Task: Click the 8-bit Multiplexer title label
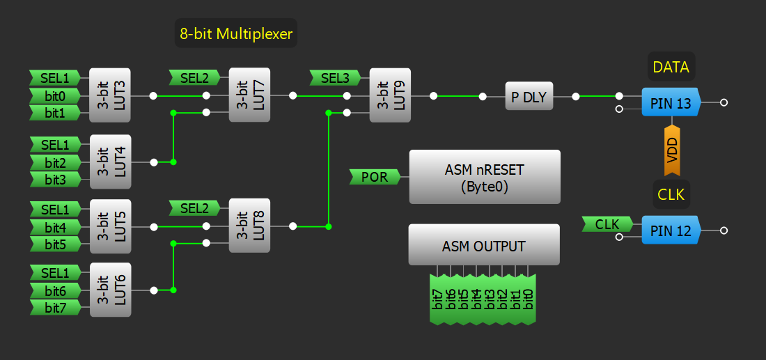coord(236,33)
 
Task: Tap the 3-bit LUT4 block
coord(111,162)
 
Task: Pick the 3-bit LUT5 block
coord(111,226)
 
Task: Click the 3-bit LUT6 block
coord(111,290)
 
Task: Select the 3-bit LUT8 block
coord(249,226)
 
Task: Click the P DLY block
coord(529,97)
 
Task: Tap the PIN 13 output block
coord(671,103)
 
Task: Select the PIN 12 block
coord(671,230)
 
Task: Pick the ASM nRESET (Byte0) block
coord(485,177)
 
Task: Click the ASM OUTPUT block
coord(484,245)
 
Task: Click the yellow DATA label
coord(671,67)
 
